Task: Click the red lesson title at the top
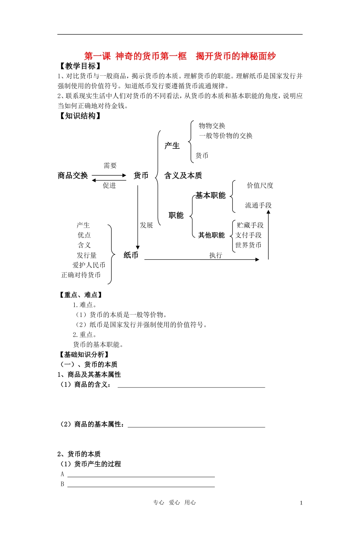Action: pos(180,56)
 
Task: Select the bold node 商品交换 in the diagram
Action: pos(73,175)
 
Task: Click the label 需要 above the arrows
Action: pos(110,165)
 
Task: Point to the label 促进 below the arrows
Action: pos(109,186)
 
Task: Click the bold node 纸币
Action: pos(131,255)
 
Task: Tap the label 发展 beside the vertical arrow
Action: pos(146,225)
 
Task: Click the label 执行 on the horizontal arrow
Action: pos(215,255)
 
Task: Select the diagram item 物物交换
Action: pos(212,126)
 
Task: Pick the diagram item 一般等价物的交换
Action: pos(225,136)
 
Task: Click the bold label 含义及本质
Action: pos(183,175)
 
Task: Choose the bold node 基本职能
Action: pos(210,195)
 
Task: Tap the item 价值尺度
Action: pos(260,186)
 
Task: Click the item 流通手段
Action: pos(258,205)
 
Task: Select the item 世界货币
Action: pos(248,245)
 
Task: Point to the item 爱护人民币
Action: pos(89,265)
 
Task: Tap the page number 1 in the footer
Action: pos(301,503)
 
